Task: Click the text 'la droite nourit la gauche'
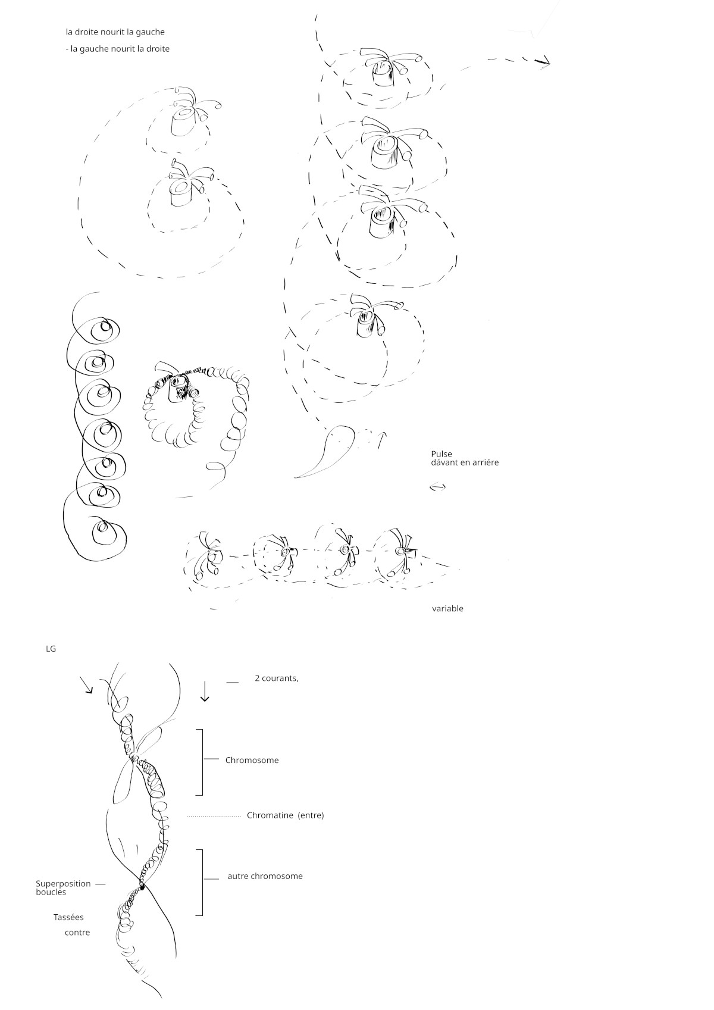click(115, 32)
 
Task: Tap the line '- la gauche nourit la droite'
click(117, 49)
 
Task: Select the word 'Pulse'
click(441, 454)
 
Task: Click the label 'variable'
click(447, 609)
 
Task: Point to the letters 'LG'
click(51, 649)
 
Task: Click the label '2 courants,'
click(276, 678)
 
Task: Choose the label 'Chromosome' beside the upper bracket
click(252, 760)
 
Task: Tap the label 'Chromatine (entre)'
click(286, 815)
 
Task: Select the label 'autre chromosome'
click(265, 876)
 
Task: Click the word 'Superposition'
click(63, 884)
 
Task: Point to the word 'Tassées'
click(68, 917)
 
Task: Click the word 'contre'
click(77, 933)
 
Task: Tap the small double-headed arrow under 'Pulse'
click(438, 487)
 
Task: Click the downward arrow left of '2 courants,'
click(205, 691)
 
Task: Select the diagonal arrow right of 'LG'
click(86, 684)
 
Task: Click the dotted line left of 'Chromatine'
click(214, 817)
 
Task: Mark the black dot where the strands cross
click(142, 887)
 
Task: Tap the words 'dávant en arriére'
click(465, 462)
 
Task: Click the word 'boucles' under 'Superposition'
click(51, 892)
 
